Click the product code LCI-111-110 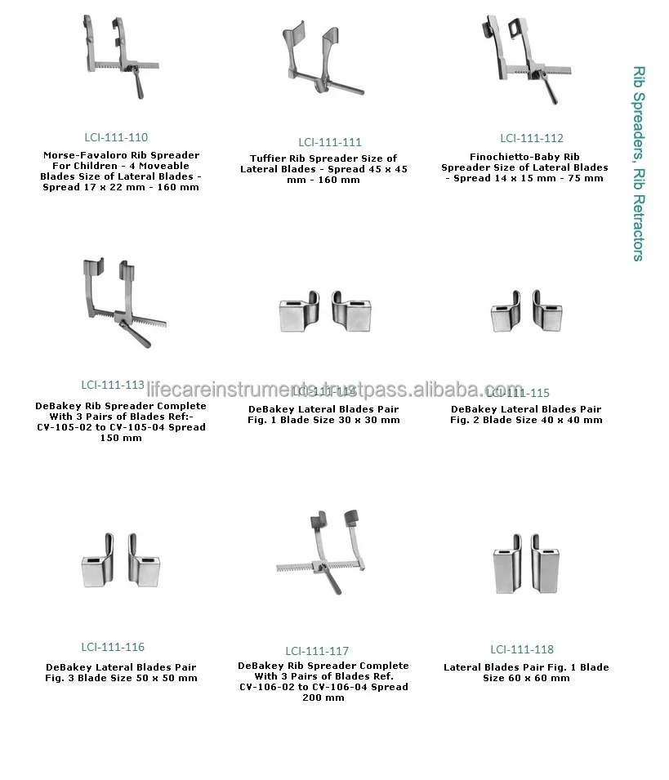pyautogui.click(x=116, y=137)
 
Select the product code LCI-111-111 pyautogui.click(x=329, y=141)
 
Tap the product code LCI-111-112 pyautogui.click(x=532, y=138)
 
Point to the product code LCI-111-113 pyautogui.click(x=113, y=385)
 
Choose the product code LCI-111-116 pyautogui.click(x=113, y=647)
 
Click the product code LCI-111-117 pyautogui.click(x=317, y=651)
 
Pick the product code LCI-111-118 pyautogui.click(x=522, y=649)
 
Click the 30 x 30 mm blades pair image pyautogui.click(x=324, y=310)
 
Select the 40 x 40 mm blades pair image pyautogui.click(x=527, y=311)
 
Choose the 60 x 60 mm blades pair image pyautogui.click(x=526, y=564)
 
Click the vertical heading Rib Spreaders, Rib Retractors pyautogui.click(x=639, y=163)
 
